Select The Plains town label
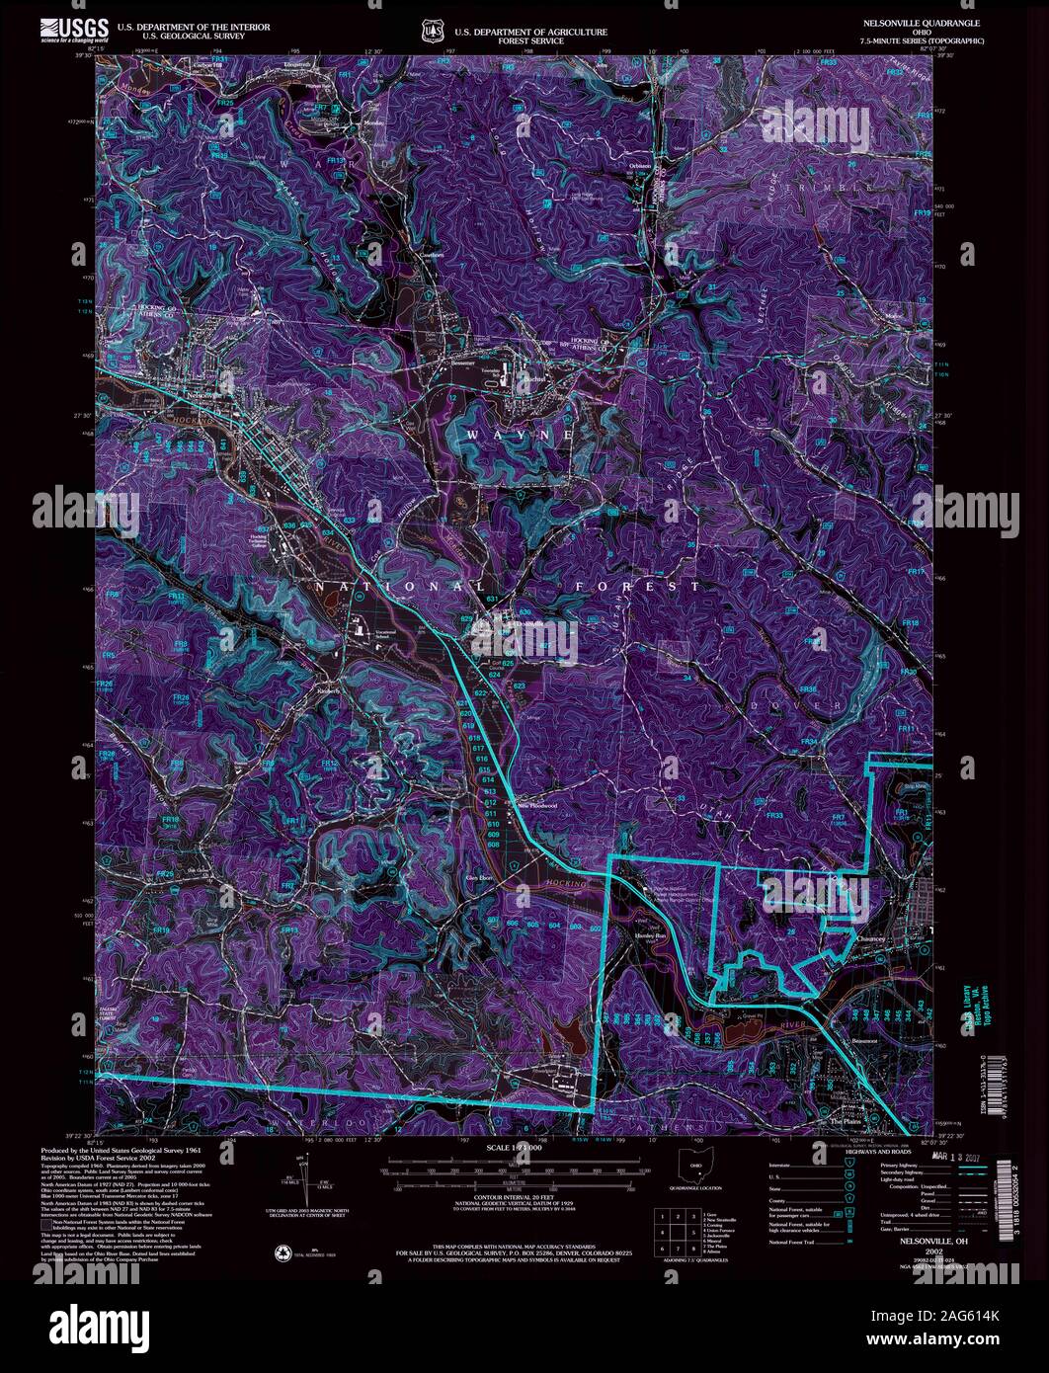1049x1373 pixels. click(x=847, y=1121)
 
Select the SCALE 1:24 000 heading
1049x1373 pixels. click(x=509, y=1148)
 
